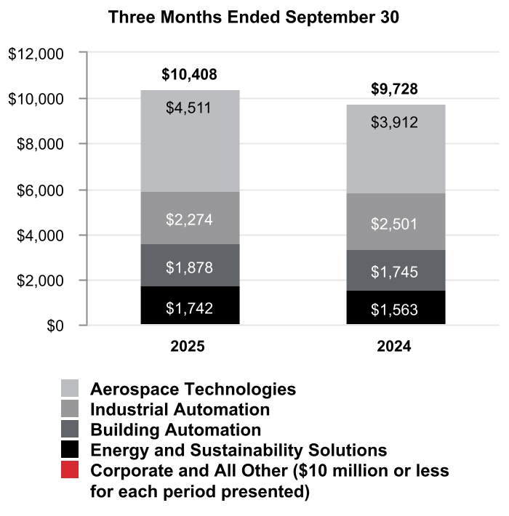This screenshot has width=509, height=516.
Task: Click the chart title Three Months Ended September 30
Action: point(253,18)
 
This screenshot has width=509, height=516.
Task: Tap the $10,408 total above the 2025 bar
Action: point(189,74)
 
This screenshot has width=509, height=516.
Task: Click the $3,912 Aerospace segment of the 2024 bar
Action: point(395,149)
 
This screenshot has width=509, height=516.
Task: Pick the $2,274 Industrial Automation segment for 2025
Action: point(190,218)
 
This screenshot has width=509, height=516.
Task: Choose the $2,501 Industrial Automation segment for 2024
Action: point(395,222)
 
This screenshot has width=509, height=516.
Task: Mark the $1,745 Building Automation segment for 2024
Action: point(395,270)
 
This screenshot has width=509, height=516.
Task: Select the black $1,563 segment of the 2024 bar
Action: point(395,309)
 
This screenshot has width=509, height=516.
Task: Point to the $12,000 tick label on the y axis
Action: point(36,54)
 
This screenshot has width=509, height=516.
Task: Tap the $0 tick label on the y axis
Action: point(55,326)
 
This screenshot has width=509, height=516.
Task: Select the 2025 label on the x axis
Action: point(188,347)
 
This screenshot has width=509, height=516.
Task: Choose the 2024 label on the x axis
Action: point(394,347)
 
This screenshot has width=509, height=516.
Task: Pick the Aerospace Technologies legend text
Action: point(193,389)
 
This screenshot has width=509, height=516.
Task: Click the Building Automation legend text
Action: point(175,430)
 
